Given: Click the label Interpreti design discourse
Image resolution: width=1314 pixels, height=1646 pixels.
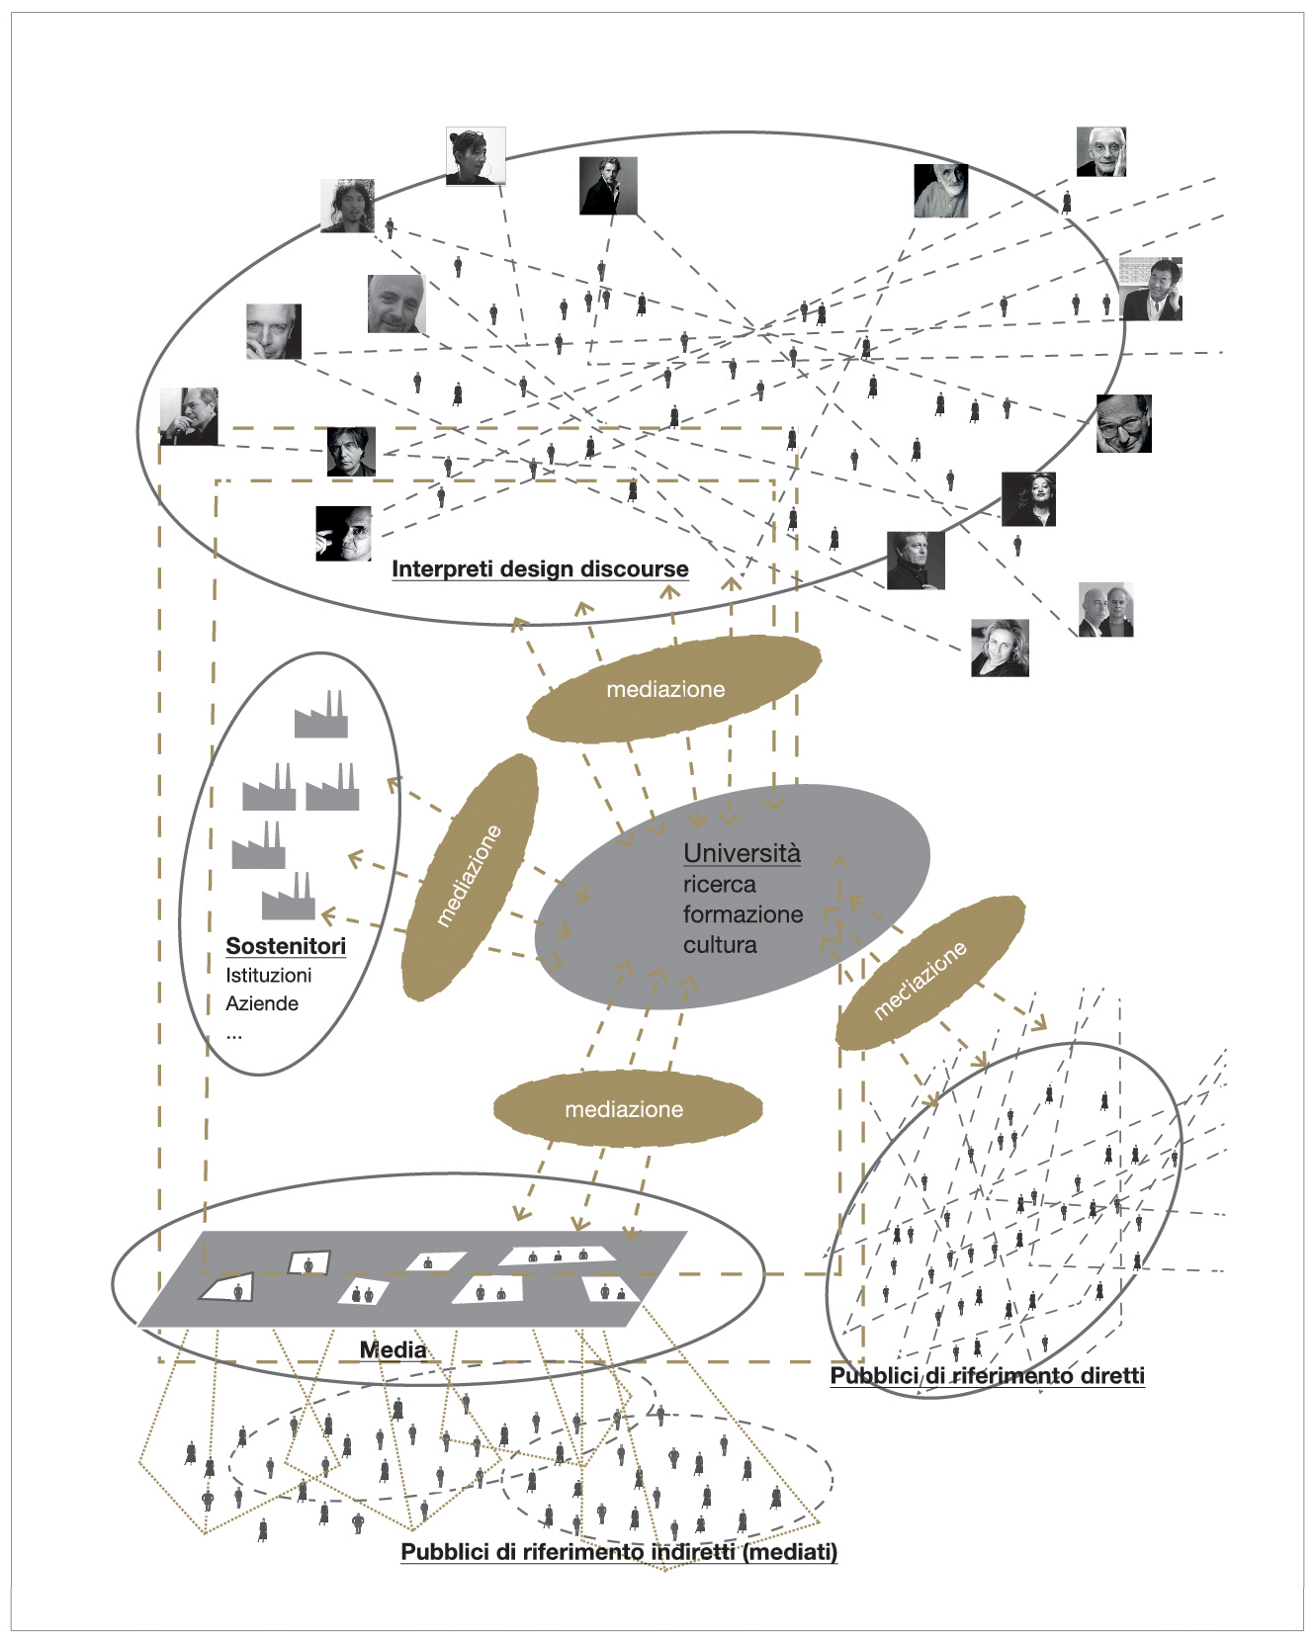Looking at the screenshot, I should point(540,569).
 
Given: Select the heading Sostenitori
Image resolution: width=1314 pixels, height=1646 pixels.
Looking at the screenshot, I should point(286,946).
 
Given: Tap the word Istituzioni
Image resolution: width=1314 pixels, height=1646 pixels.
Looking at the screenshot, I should point(268,976).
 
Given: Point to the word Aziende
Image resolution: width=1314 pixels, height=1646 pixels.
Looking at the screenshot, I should point(262,1004).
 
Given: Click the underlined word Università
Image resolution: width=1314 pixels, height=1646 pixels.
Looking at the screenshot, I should point(742,853).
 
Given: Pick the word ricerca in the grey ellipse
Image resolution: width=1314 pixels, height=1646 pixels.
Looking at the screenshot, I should point(719,885).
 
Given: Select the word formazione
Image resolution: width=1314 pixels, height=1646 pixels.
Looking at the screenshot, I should point(743,914).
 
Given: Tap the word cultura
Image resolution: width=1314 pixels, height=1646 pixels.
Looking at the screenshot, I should point(720,945).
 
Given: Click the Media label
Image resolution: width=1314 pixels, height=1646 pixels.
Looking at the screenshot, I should point(393,1350).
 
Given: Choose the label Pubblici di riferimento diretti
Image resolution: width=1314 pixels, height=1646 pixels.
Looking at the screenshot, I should point(987,1376).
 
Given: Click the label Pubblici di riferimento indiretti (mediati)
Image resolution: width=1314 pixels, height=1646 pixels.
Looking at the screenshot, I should point(619,1552).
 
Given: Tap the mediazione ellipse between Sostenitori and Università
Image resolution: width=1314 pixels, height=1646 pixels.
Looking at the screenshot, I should point(470,877).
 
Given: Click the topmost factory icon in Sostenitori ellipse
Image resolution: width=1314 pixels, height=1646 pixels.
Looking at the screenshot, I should point(321,715).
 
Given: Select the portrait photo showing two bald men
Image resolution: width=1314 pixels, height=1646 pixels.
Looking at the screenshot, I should point(1105,610).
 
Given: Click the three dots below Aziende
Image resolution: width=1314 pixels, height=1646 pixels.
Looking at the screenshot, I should point(234,1035).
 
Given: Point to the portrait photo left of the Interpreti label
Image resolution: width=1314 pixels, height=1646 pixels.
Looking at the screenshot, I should point(343,534).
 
